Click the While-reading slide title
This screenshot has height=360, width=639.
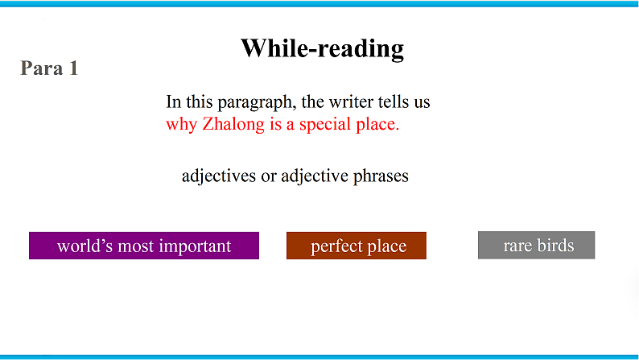coord(322,48)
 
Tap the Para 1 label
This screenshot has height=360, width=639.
coord(49,68)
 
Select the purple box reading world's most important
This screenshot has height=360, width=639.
coord(144,246)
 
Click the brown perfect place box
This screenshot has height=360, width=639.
coord(356,246)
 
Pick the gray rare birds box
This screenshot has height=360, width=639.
coord(536,245)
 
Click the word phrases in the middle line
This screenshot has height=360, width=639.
coord(381,176)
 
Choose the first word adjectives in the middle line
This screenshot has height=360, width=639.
coord(218,176)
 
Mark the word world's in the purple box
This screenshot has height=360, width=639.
coord(84,246)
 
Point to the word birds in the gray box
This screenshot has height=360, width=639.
coord(555,245)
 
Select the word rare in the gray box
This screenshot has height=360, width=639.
coord(517,245)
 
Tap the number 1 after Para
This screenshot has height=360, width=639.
coord(72,68)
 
